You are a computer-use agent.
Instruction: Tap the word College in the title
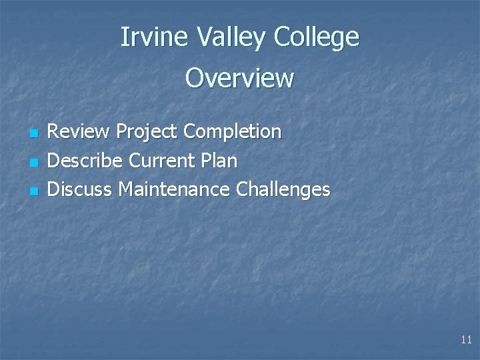315,38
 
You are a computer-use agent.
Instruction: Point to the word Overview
239,78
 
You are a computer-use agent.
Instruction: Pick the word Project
147,132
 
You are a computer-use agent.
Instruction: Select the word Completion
233,132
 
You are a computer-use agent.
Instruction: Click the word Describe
85,161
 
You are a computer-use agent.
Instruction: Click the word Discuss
80,189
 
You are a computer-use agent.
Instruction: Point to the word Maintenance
174,189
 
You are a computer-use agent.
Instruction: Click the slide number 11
466,340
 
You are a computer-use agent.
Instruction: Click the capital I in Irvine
124,37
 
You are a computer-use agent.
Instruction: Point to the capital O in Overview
195,78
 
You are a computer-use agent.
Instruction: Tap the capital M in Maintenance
126,189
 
